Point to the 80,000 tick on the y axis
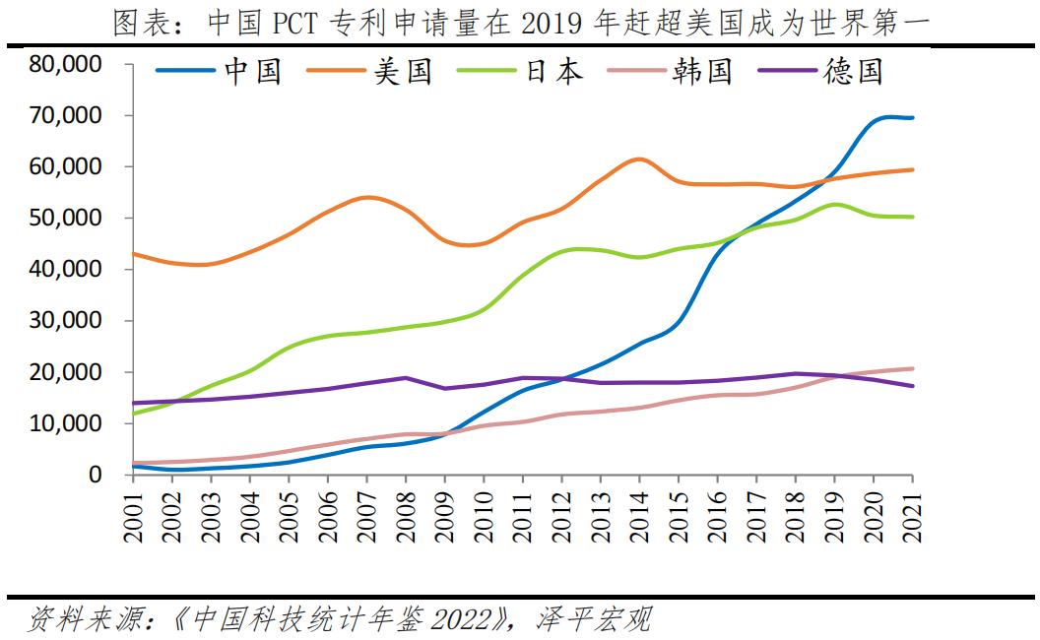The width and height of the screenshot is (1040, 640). [67, 65]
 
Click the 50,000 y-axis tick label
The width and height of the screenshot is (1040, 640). [67, 219]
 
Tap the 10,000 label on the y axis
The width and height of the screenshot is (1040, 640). [67, 423]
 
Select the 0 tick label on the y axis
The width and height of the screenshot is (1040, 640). [96, 475]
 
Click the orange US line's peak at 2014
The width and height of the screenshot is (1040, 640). [638, 159]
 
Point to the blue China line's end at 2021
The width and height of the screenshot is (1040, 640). [912, 118]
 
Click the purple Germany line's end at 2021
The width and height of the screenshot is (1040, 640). [912, 386]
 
